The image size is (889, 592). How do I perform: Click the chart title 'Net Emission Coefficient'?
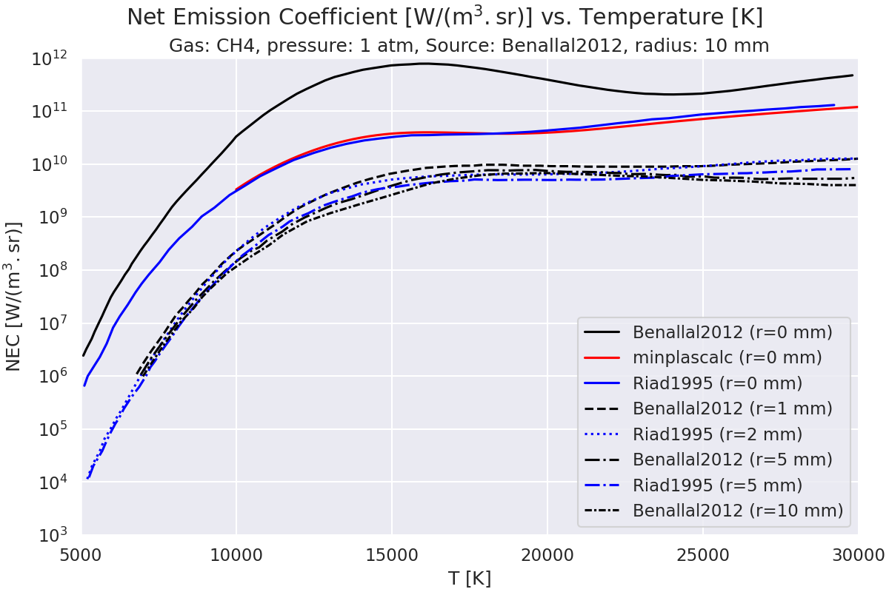[444, 17]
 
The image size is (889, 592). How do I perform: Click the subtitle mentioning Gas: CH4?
[469, 46]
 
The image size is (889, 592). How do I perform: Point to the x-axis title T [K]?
[469, 578]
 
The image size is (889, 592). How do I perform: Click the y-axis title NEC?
[15, 296]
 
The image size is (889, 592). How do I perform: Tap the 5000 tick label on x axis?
[81, 554]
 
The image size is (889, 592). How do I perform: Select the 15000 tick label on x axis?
[391, 554]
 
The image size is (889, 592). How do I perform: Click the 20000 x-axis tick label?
[547, 554]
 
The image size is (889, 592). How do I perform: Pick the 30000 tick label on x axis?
[857, 554]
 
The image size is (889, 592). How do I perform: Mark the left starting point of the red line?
[236, 190]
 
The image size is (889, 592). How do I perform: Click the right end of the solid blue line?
[834, 105]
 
